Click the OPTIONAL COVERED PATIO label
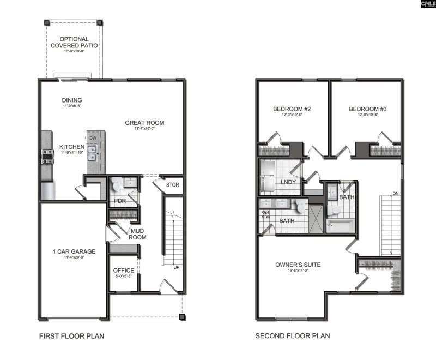click(74, 43)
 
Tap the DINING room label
click(71, 100)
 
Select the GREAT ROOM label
click(144, 123)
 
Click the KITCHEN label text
click(71, 147)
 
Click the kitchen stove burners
click(46, 158)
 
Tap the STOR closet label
click(172, 185)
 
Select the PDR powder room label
click(120, 201)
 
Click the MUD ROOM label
click(137, 234)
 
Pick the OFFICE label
click(123, 271)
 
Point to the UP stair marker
click(176, 267)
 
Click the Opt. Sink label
click(266, 214)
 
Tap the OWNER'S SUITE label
click(298, 265)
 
